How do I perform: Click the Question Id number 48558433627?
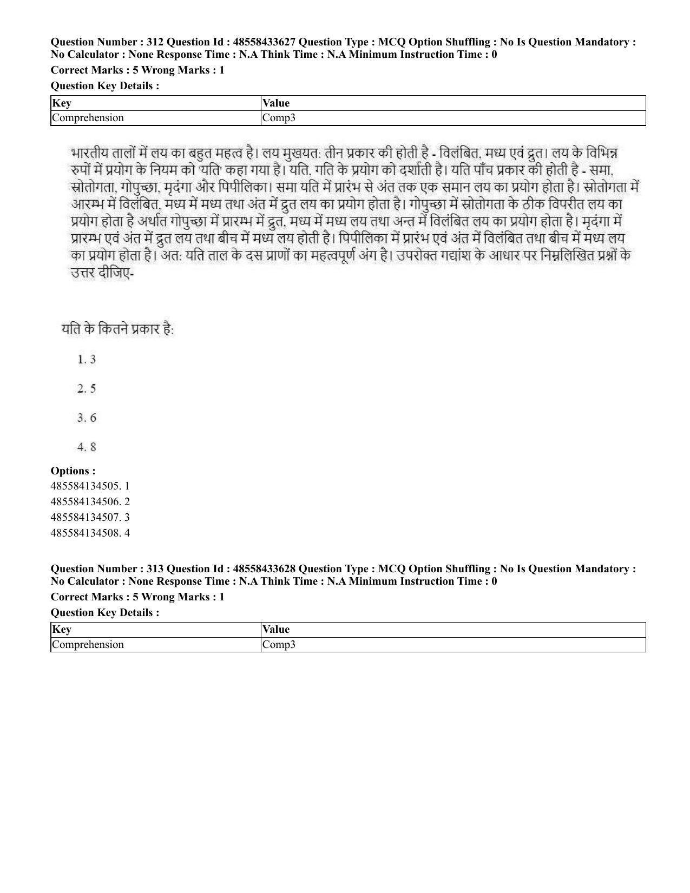pyautogui.click(x=264, y=42)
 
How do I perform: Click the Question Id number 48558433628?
pyautogui.click(x=264, y=569)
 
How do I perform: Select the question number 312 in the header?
pyautogui.click(x=155, y=42)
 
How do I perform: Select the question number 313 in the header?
pyautogui.click(x=155, y=569)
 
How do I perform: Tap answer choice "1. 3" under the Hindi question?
pyautogui.click(x=87, y=359)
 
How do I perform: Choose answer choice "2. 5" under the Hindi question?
pyautogui.click(x=87, y=388)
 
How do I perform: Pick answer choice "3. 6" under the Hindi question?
pyautogui.click(x=87, y=418)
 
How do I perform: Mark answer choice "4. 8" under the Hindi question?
pyautogui.click(x=87, y=447)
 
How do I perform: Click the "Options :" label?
pyautogui.click(x=73, y=471)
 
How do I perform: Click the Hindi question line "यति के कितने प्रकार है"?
pyautogui.click(x=117, y=329)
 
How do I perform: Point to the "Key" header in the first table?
pyautogui.click(x=62, y=103)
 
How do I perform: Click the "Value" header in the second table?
pyautogui.click(x=276, y=630)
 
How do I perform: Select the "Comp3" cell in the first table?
pyautogui.click(x=279, y=118)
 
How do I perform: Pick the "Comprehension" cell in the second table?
pyautogui.click(x=88, y=645)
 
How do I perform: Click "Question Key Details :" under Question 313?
pyautogui.click(x=105, y=613)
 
